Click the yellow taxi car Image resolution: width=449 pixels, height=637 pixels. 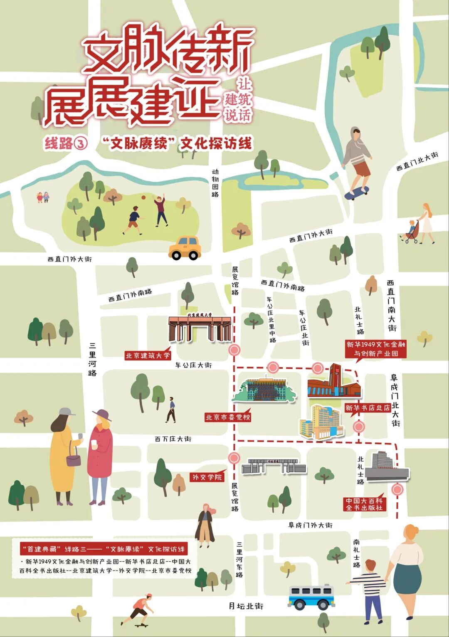(x=185, y=248)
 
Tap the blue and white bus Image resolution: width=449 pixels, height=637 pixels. (x=311, y=597)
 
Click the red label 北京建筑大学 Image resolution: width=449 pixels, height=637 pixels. (x=148, y=356)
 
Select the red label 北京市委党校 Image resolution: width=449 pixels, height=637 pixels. (x=228, y=417)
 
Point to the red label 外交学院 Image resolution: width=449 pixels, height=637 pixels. (x=207, y=477)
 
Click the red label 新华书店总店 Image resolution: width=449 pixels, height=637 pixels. (x=368, y=408)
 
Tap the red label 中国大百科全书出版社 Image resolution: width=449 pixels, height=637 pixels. (x=364, y=504)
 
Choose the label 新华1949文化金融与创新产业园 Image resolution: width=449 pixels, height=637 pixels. (x=376, y=349)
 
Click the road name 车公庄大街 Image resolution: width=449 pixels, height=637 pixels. (x=193, y=365)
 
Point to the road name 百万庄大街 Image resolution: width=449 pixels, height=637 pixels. (x=173, y=439)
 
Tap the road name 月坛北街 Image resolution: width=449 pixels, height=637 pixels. (x=246, y=606)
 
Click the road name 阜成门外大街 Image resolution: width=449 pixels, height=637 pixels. (x=311, y=525)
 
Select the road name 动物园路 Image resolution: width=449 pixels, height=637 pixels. (x=215, y=183)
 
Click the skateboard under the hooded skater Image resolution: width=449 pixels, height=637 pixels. (x=357, y=193)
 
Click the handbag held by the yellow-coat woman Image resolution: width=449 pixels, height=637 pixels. (x=74, y=460)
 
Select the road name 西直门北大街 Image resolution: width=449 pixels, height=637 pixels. (x=417, y=161)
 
